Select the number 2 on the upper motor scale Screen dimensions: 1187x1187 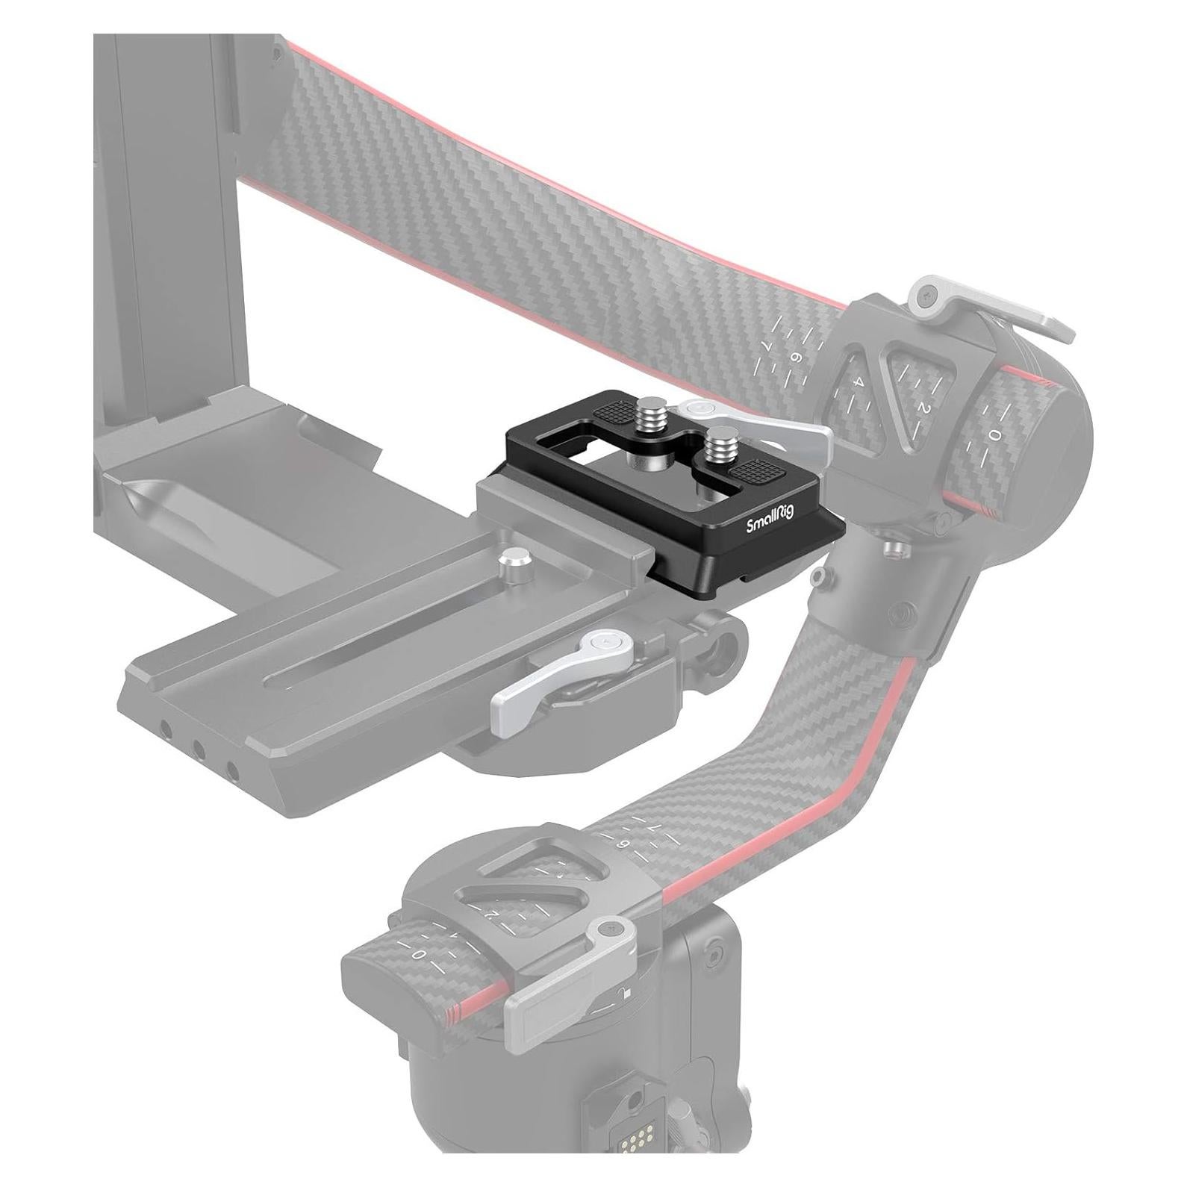(x=923, y=408)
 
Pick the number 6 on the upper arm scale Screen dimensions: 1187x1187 (x=795, y=358)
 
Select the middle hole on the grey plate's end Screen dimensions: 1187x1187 (x=198, y=747)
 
